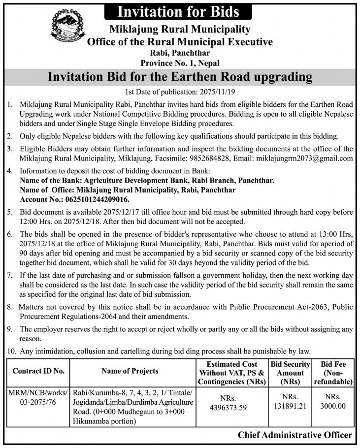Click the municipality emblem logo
click(67, 29)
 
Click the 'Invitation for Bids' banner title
click(180, 11)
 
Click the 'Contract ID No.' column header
click(38, 371)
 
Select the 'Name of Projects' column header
click(130, 371)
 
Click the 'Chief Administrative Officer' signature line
click(295, 435)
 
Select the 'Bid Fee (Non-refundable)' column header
click(336, 373)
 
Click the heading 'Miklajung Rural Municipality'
click(180, 30)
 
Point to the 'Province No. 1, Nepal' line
click(180, 63)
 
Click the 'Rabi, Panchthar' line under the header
click(180, 53)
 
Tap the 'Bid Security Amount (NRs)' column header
click(290, 373)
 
